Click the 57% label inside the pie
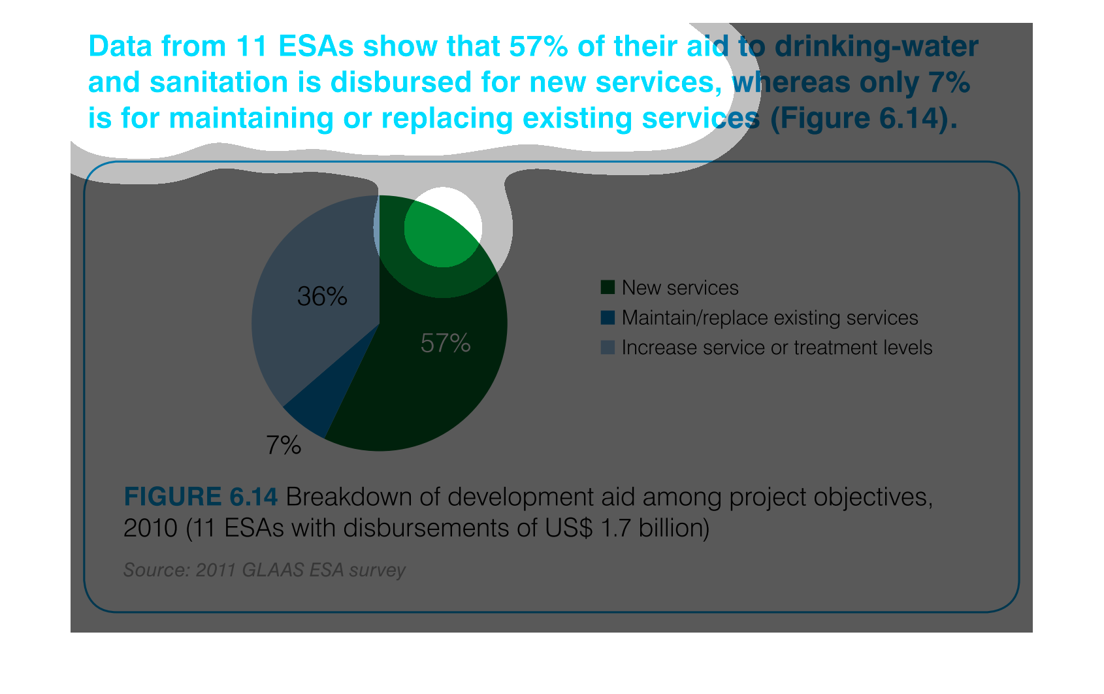(x=446, y=343)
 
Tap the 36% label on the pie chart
(x=322, y=297)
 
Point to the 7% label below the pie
(x=284, y=446)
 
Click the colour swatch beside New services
(x=608, y=288)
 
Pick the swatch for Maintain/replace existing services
(x=608, y=318)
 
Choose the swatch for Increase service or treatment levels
(x=608, y=348)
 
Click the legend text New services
(x=680, y=288)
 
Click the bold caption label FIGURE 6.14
(x=201, y=497)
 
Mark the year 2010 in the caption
(x=150, y=528)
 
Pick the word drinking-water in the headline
(x=876, y=46)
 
